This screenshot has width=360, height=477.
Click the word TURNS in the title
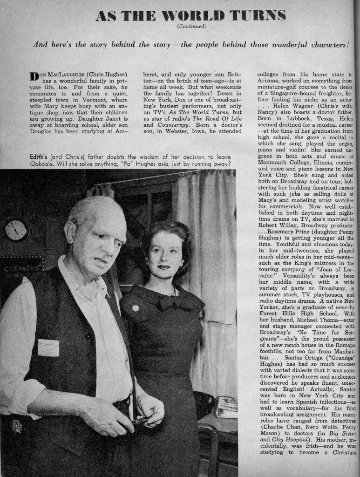tap(254, 15)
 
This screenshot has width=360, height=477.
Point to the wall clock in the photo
tap(16, 229)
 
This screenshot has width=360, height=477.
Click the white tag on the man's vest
tap(48, 348)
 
